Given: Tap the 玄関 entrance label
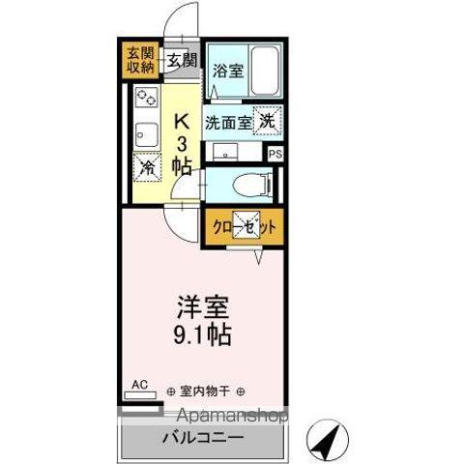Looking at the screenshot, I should click(x=181, y=60).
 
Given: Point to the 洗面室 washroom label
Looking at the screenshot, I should click(x=226, y=123).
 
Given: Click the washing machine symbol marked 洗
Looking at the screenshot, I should click(x=267, y=121).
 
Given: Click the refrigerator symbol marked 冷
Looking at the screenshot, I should click(x=147, y=167).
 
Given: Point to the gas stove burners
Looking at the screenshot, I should click(x=147, y=97).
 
